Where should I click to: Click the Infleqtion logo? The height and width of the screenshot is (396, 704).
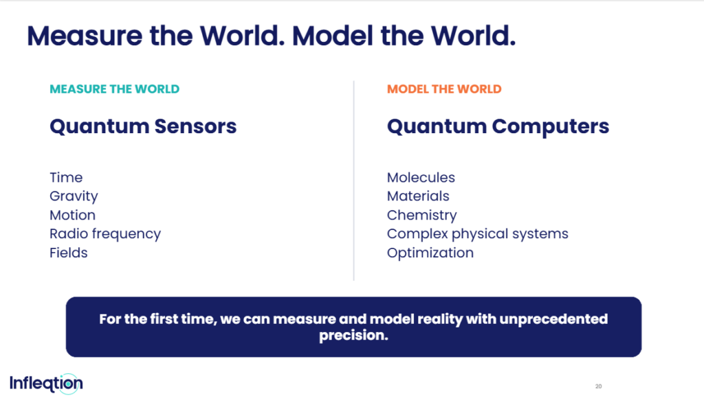(46, 384)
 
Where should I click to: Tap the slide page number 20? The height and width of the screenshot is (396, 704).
(599, 386)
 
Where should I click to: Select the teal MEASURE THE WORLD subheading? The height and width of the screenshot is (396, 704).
(115, 89)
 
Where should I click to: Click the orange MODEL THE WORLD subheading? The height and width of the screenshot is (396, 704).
(444, 89)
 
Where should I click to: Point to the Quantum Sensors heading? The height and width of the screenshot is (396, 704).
(143, 126)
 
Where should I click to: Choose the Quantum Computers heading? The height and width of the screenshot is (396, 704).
(498, 126)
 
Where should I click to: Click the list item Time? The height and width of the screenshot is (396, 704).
(66, 177)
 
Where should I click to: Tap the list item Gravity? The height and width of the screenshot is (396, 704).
(74, 196)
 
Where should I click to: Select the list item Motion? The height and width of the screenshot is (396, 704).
(72, 215)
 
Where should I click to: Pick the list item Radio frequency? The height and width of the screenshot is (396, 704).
(105, 234)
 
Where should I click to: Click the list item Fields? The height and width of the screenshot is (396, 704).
(68, 253)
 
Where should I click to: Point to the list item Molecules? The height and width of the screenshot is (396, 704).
(421, 177)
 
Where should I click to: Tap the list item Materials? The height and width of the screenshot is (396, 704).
(418, 196)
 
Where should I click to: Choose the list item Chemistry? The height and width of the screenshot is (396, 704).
(421, 216)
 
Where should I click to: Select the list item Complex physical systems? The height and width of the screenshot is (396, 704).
(477, 234)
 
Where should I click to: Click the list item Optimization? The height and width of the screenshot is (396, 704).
(430, 253)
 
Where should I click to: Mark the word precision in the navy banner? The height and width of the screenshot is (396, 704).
(353, 336)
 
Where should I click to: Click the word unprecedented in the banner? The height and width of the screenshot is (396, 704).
(553, 319)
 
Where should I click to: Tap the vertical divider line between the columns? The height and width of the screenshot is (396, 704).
(354, 180)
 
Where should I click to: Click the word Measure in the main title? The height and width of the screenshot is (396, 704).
(85, 36)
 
